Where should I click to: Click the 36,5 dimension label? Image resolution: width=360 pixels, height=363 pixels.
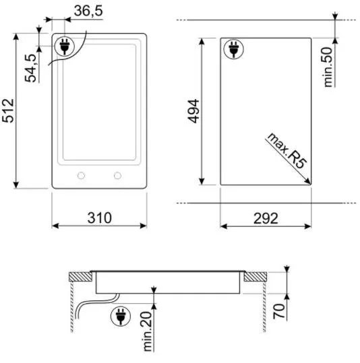pos(88,11)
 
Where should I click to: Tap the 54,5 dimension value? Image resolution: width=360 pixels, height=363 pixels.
pos(31,68)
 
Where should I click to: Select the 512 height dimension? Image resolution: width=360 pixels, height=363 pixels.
pos(8,110)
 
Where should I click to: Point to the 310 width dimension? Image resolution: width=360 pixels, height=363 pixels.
pos(100,218)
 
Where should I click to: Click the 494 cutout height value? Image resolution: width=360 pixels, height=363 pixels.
pos(193,111)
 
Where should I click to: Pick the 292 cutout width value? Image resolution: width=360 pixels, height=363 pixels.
pos(266,218)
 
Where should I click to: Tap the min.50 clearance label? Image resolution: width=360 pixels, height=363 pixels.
pos(328,67)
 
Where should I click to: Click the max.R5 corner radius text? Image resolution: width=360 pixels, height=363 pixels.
pos(287,151)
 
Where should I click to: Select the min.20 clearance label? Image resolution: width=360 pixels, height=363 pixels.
pos(147,331)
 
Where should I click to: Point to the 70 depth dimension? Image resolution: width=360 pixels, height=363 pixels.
pos(279,311)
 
